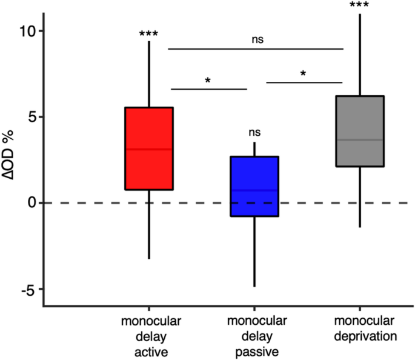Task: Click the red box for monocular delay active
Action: click(149, 170)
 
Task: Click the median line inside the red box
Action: click(149, 149)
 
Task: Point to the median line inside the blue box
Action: click(254, 190)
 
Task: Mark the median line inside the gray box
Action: click(360, 140)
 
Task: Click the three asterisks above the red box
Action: click(148, 34)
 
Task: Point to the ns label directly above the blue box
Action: click(254, 132)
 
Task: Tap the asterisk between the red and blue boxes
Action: click(207, 81)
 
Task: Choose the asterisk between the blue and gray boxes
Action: click(304, 75)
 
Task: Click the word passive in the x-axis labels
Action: click(254, 350)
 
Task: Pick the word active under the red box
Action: click(149, 350)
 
